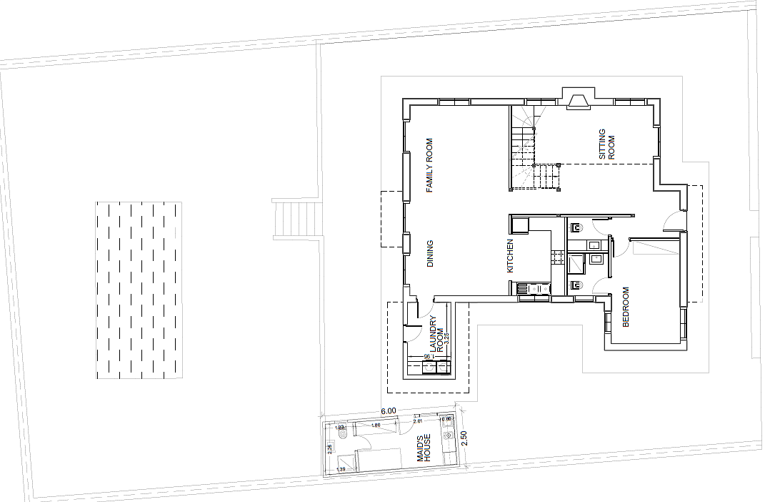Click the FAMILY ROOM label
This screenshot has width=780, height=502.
430,167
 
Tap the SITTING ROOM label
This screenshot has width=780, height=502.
606,144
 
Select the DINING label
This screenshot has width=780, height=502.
430,254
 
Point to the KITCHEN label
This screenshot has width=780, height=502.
510,256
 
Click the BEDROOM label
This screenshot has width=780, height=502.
626,307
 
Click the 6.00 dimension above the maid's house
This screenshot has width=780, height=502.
388,411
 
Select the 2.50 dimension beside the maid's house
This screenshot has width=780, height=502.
464,438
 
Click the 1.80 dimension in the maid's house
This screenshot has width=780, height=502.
375,426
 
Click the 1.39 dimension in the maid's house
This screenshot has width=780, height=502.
341,468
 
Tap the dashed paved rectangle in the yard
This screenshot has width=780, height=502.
139,290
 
